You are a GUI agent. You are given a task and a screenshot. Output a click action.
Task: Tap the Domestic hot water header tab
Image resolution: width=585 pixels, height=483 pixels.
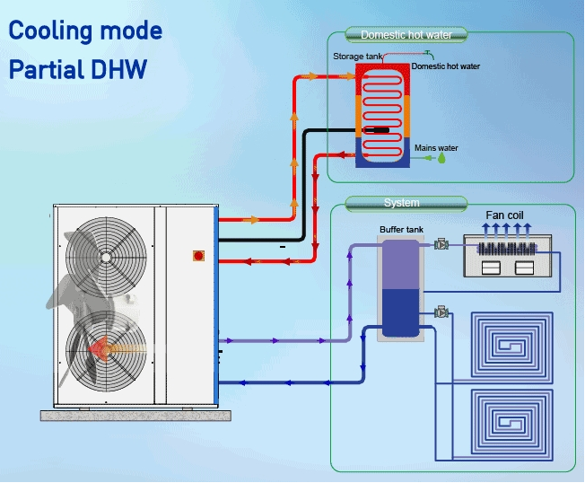click(406, 35)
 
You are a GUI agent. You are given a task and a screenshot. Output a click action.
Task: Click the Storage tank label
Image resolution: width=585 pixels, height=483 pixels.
click(357, 57)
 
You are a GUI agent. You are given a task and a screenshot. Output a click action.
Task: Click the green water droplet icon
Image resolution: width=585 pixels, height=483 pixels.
click(441, 158)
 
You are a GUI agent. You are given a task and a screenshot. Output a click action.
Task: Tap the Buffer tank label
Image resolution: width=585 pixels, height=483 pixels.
click(401, 230)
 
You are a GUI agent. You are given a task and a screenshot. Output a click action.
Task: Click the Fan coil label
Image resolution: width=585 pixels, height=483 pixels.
click(504, 215)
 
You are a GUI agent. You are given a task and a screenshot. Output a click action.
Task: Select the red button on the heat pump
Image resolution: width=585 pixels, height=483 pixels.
click(198, 256)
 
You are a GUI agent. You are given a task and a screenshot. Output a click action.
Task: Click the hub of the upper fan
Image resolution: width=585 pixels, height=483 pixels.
click(107, 258)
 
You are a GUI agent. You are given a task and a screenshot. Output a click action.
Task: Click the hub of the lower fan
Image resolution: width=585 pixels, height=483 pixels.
click(107, 348)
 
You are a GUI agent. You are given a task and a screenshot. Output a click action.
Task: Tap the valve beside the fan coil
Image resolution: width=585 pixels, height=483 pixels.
click(441, 244)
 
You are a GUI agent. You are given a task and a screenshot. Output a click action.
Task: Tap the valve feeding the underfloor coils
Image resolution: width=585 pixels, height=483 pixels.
click(441, 312)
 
